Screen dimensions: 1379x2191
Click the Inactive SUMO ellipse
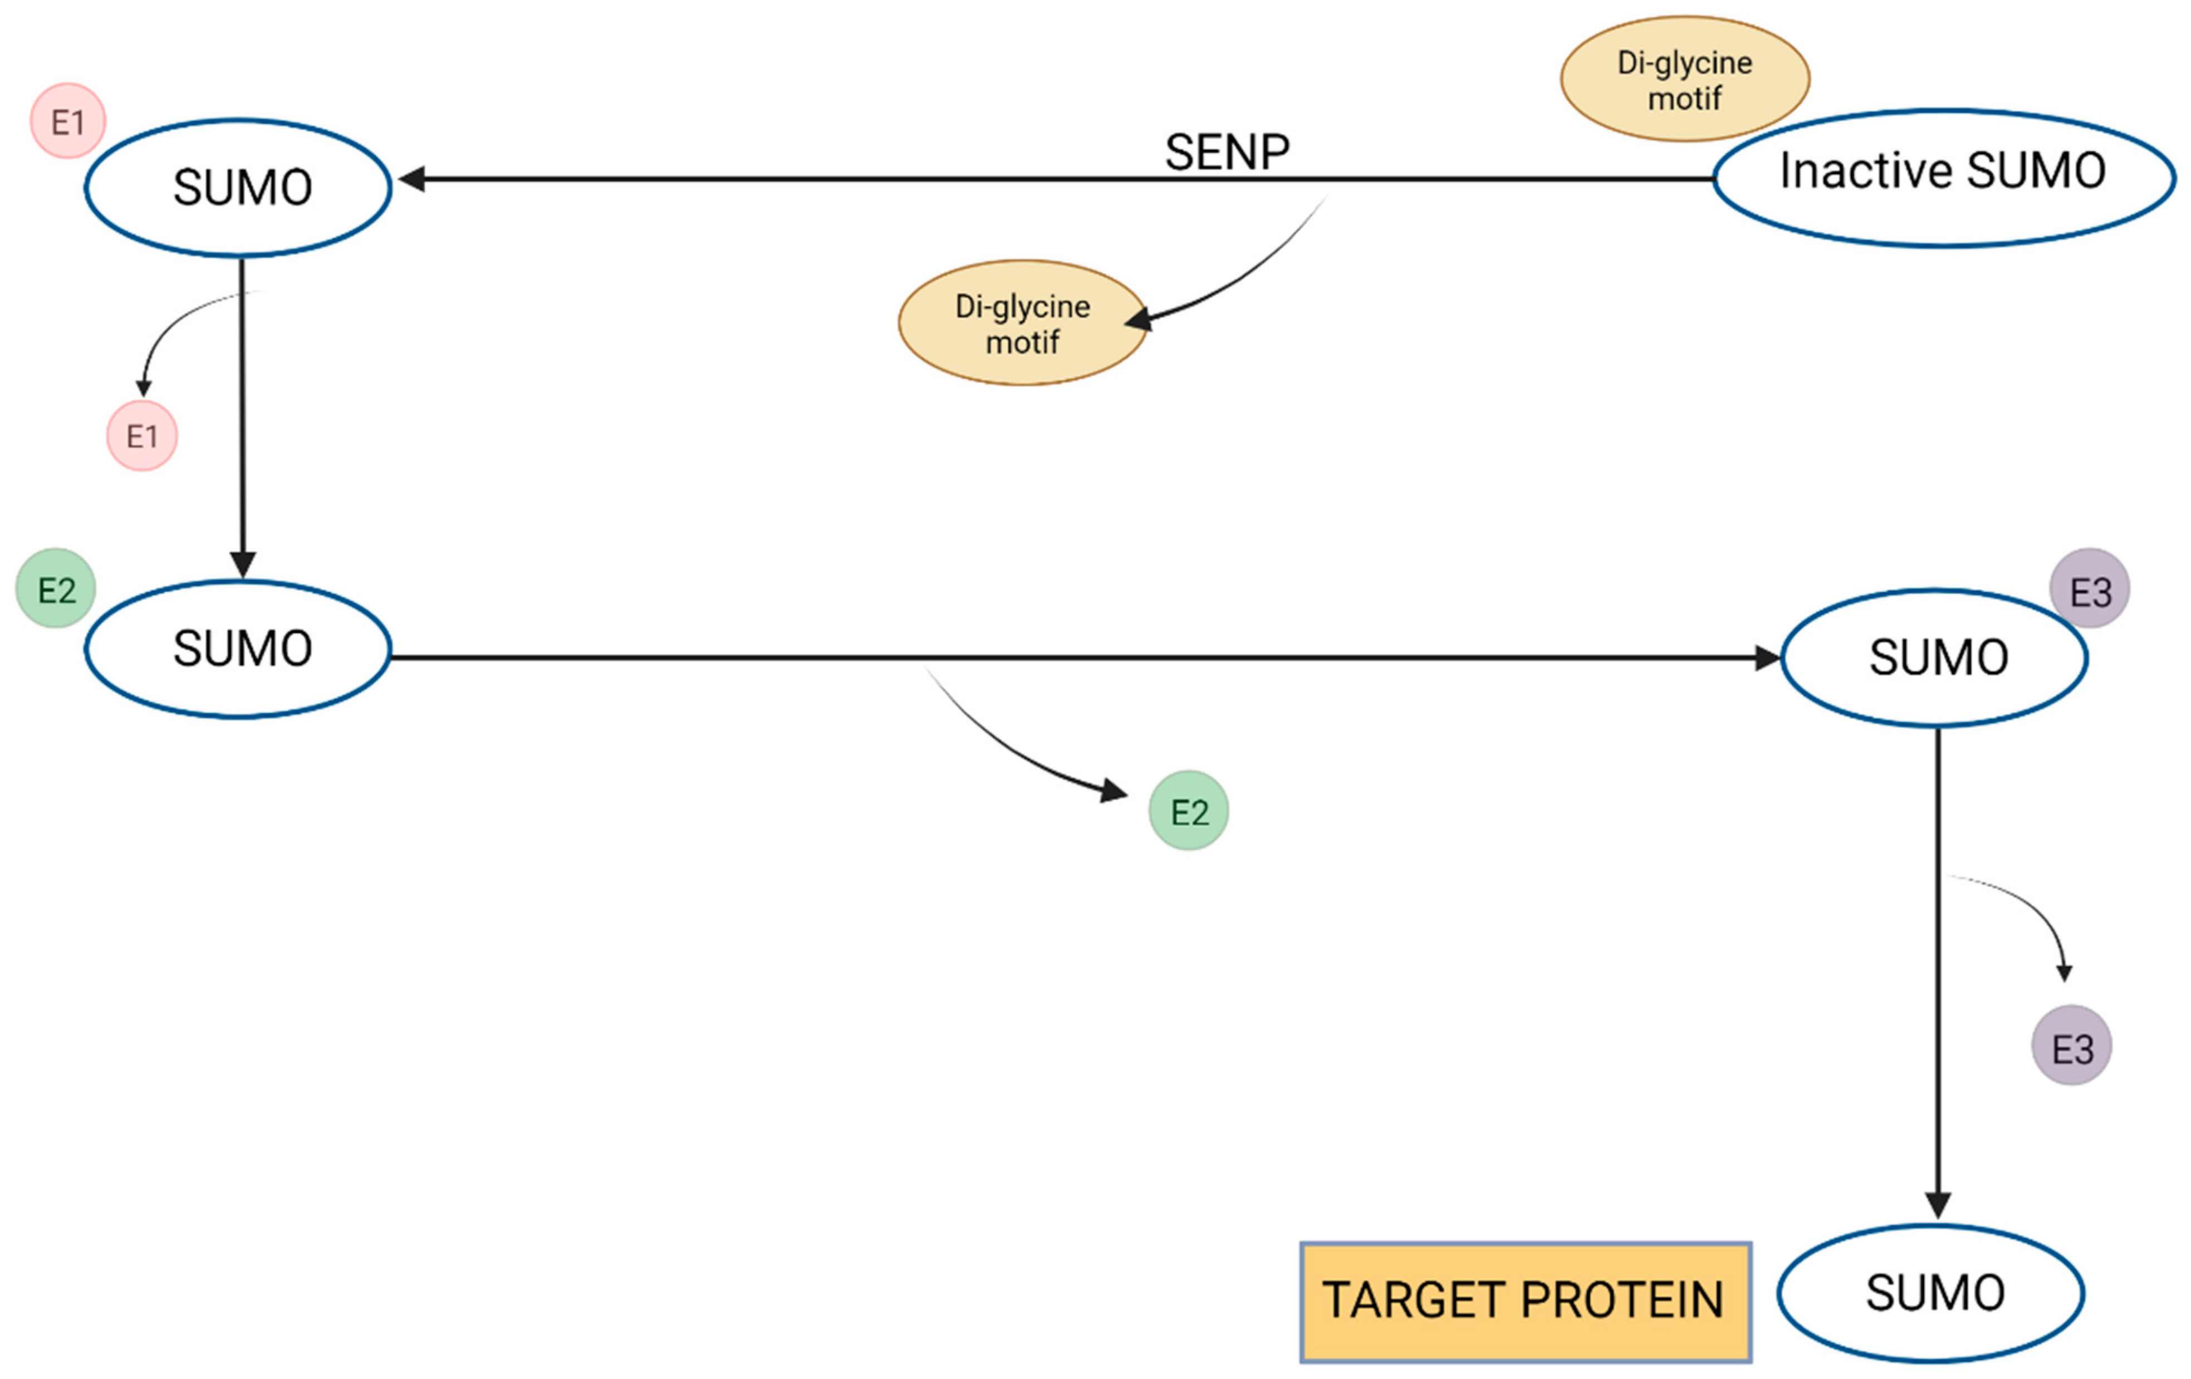point(1944,178)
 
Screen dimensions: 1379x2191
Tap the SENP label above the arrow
point(1227,152)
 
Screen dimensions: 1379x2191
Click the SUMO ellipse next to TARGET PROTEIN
point(1931,1293)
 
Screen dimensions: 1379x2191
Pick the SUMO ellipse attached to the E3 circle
point(1934,657)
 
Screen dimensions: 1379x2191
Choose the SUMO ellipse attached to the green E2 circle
point(238,650)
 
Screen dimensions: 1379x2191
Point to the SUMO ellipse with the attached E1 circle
point(238,188)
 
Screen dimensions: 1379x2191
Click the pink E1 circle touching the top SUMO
point(67,121)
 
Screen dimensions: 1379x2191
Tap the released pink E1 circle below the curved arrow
point(142,436)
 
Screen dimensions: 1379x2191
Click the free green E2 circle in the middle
point(1188,811)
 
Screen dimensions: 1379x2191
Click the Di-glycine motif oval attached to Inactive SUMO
point(1684,78)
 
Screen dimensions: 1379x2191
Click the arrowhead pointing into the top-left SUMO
point(411,179)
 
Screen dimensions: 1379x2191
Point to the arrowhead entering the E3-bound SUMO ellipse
point(1767,657)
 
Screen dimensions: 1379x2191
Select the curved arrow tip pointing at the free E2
point(1115,791)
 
